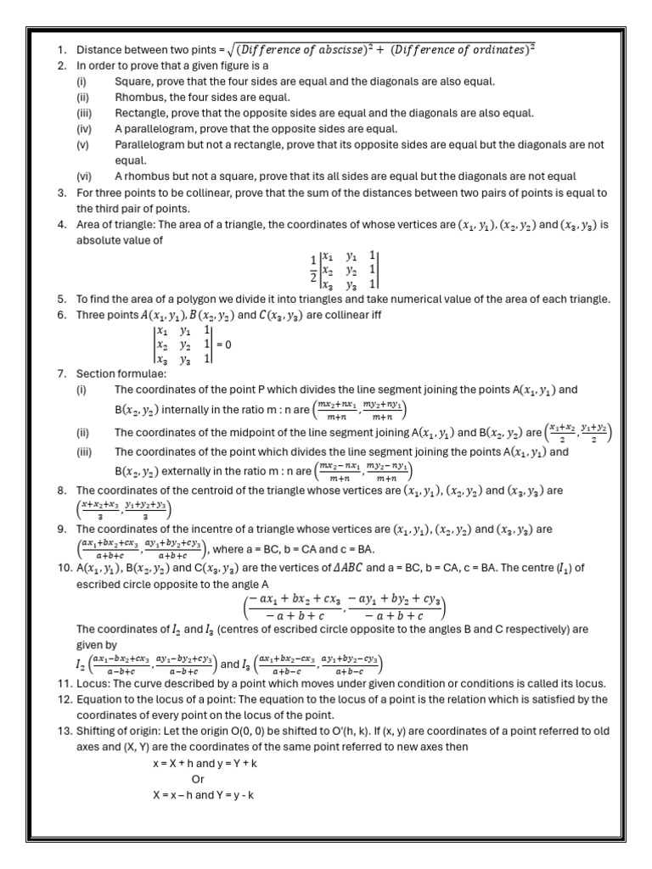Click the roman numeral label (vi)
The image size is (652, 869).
[84, 177]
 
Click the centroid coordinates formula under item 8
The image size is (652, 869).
[123, 508]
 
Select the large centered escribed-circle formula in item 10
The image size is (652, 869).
[345, 608]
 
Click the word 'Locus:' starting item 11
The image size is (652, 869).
[95, 684]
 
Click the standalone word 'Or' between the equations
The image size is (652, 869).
[198, 778]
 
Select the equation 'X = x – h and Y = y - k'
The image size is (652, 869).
[203, 794]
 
